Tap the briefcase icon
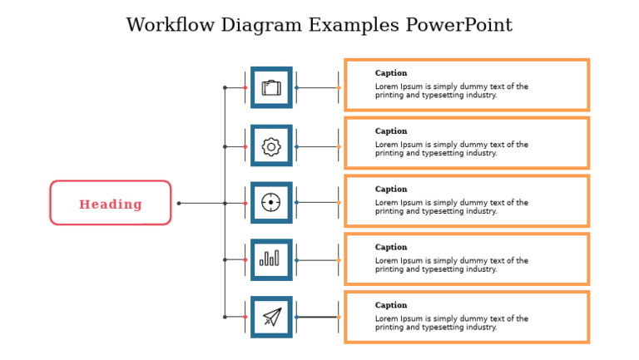pyautogui.click(x=271, y=87)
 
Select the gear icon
pyautogui.click(x=271, y=146)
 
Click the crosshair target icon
pyautogui.click(x=271, y=202)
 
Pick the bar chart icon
pyautogui.click(x=270, y=259)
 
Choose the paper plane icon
pyautogui.click(x=272, y=317)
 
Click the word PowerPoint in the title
pyautogui.click(x=459, y=25)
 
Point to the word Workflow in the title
pyautogui.click(x=171, y=25)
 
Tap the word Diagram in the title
pyautogui.click(x=261, y=26)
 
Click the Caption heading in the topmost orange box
pyautogui.click(x=391, y=73)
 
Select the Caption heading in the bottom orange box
pyautogui.click(x=391, y=305)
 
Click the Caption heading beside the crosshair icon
pyautogui.click(x=391, y=189)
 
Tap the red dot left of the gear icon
pyautogui.click(x=245, y=146)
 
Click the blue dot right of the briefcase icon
pyautogui.click(x=297, y=87)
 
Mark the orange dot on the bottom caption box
pyautogui.click(x=339, y=317)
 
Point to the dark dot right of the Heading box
pyautogui.click(x=179, y=203)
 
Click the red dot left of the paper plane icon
pyautogui.click(x=245, y=317)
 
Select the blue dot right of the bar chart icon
pyautogui.click(x=297, y=260)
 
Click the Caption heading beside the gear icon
pyautogui.click(x=391, y=131)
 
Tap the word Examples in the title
pyautogui.click(x=354, y=26)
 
